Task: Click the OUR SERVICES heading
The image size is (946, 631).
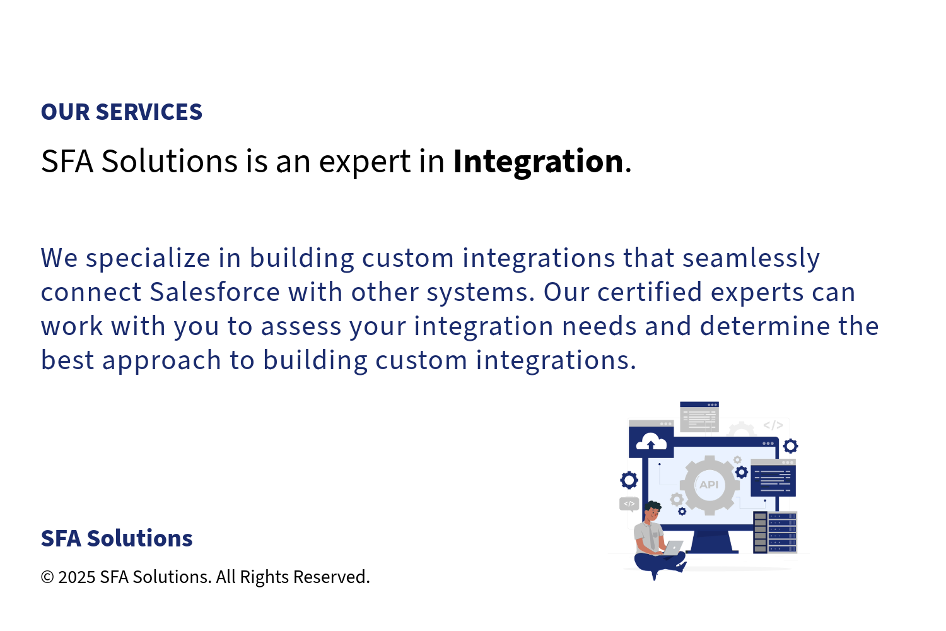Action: (122, 112)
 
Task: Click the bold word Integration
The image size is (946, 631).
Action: (538, 162)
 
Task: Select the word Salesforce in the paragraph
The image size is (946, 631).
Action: (215, 292)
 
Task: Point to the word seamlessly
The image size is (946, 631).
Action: (751, 259)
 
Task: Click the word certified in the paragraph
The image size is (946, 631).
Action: (650, 292)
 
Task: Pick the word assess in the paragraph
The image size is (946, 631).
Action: (301, 327)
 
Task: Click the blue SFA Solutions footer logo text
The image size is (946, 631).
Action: (117, 538)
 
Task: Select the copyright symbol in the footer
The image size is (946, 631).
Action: (47, 577)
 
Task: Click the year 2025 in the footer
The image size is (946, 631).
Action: (77, 577)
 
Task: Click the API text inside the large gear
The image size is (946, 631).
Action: (709, 485)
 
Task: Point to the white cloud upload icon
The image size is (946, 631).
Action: (651, 442)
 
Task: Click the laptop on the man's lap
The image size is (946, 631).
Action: (672, 548)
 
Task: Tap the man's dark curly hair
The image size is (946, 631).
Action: (653, 506)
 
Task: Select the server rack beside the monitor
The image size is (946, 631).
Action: (775, 532)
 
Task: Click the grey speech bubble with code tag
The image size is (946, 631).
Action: (629, 504)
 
